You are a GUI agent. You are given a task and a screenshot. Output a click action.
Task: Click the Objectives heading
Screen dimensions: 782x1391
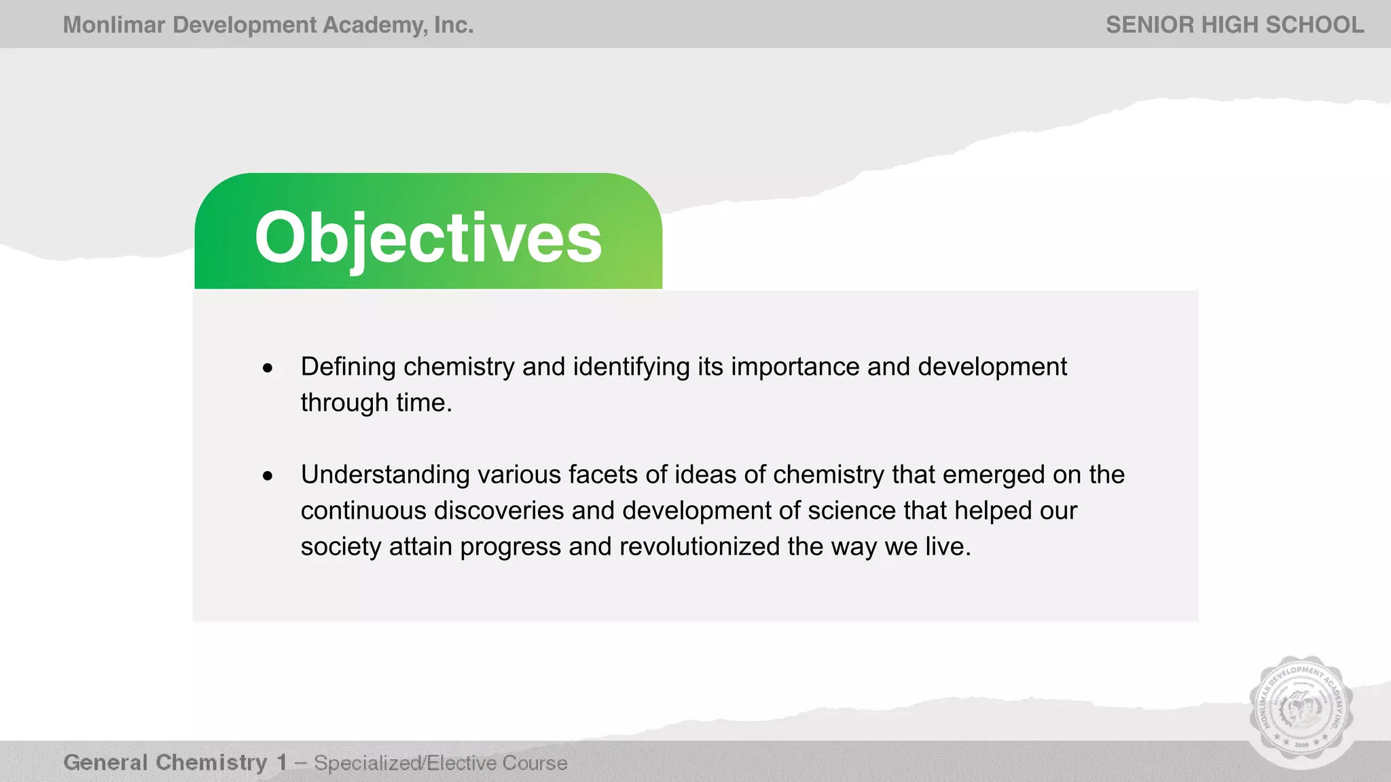(428, 238)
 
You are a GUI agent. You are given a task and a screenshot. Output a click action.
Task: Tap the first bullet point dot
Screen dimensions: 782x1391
(268, 369)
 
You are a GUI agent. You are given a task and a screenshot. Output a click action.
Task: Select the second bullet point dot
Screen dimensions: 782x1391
(268, 476)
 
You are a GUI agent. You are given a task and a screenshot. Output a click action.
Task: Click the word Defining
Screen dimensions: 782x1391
(348, 367)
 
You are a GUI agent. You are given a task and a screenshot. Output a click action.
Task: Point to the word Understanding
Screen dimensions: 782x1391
(385, 475)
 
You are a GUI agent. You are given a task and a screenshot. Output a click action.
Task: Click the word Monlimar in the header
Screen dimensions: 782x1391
(114, 25)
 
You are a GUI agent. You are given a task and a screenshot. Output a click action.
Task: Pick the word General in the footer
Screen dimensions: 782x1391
(105, 763)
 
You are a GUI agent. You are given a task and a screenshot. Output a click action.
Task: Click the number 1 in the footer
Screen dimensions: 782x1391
(282, 763)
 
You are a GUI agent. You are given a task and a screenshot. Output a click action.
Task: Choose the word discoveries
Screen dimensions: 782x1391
(499, 511)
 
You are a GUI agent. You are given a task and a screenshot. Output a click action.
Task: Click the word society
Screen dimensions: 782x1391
(341, 547)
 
